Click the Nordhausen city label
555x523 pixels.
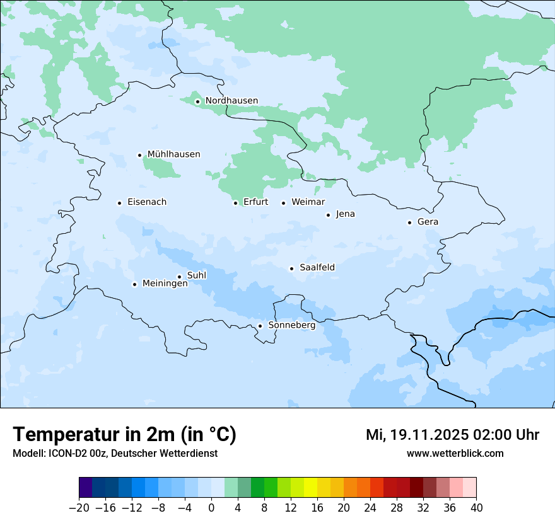(x=231, y=101)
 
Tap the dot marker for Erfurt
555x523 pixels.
(x=235, y=203)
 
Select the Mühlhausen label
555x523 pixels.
(x=173, y=154)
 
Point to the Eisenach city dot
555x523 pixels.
(x=119, y=203)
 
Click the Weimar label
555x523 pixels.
(x=308, y=202)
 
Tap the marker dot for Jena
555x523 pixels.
(x=328, y=215)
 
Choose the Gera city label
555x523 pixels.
(x=428, y=222)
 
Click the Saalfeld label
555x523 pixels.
(x=317, y=268)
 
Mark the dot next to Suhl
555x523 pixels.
(x=179, y=277)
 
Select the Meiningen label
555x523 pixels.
(x=165, y=284)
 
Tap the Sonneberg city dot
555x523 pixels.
(x=260, y=326)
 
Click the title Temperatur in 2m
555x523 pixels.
(x=124, y=435)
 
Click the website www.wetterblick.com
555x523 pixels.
(x=455, y=453)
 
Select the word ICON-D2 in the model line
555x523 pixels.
(x=63, y=453)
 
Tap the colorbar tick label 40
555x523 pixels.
(x=476, y=508)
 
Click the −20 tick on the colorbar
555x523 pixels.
(x=79, y=508)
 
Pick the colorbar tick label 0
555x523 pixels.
(x=211, y=508)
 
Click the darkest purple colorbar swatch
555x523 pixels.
(x=85, y=488)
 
